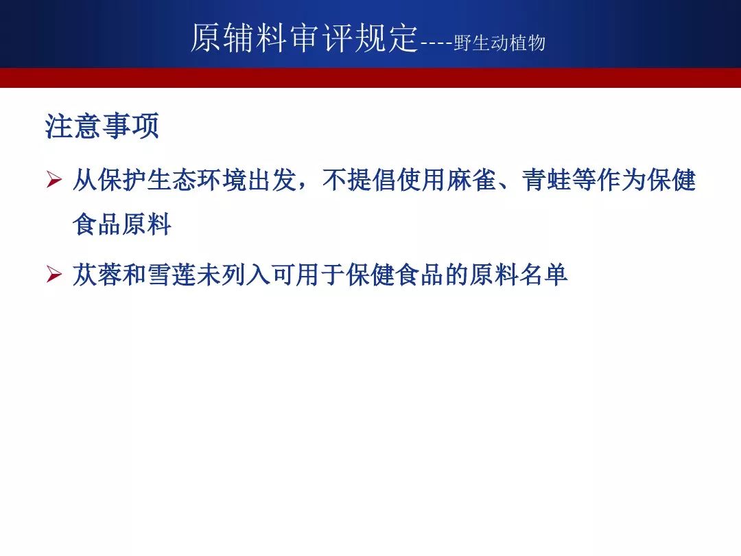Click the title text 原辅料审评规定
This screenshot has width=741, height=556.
click(305, 38)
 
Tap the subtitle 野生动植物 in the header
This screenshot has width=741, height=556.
click(499, 43)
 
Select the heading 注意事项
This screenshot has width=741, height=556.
click(102, 126)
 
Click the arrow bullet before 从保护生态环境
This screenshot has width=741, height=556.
click(54, 180)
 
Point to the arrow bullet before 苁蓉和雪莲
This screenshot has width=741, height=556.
click(54, 275)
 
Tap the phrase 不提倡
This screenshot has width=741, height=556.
click(360, 180)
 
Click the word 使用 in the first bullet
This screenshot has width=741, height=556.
click(422, 180)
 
